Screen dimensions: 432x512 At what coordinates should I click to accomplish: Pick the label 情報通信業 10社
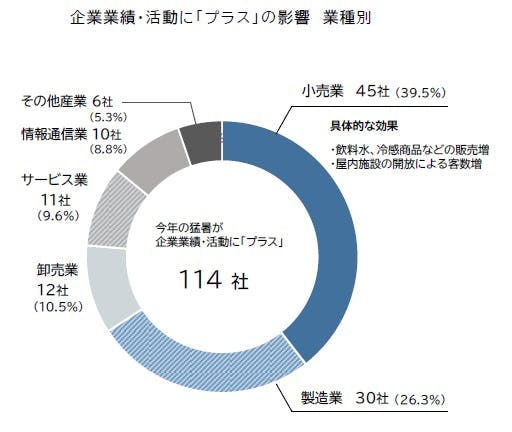point(75,133)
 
